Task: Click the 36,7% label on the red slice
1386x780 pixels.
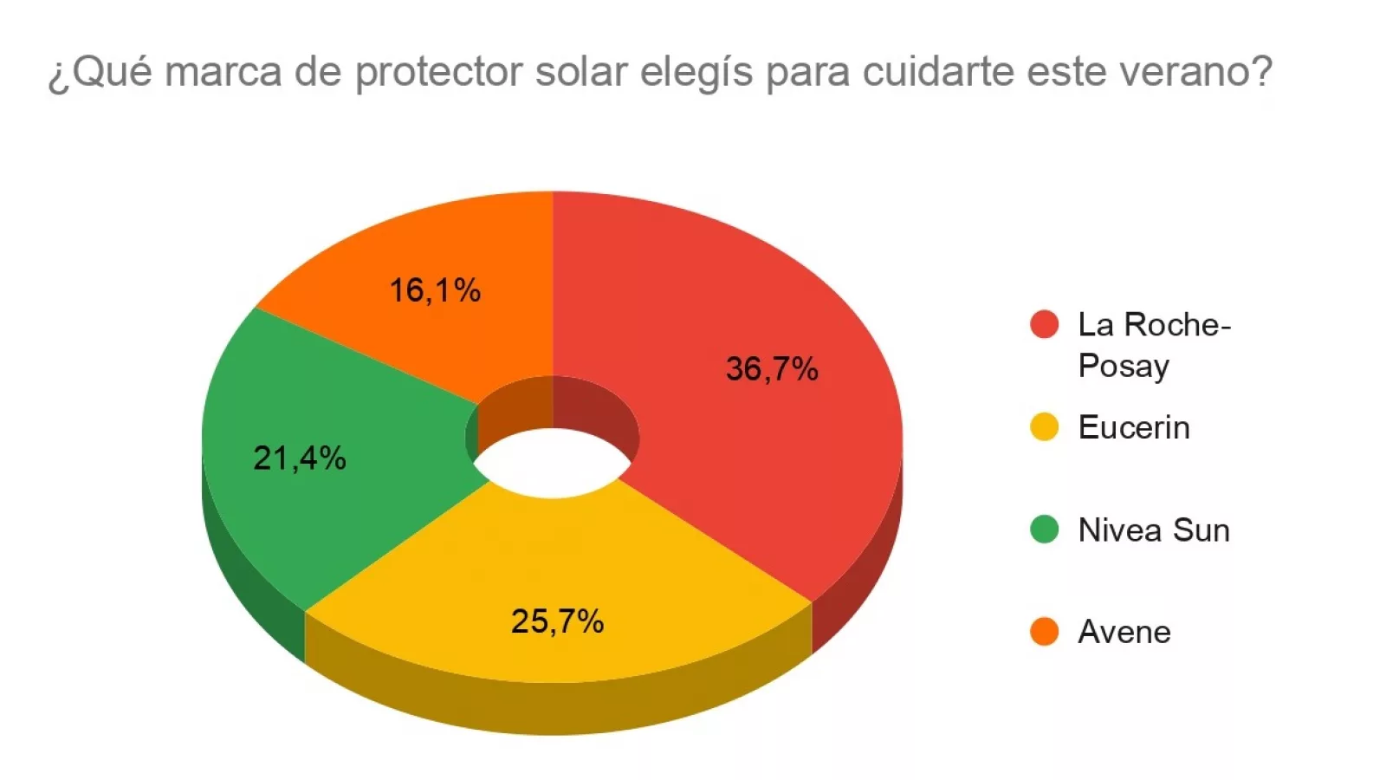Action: (x=772, y=369)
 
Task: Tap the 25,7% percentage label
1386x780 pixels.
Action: (x=557, y=621)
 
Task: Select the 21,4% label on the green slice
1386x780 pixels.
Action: (x=300, y=458)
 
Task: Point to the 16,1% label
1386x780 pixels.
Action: (x=435, y=290)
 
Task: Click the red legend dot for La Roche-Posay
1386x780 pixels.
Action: (x=1045, y=324)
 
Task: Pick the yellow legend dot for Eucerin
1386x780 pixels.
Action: (x=1045, y=426)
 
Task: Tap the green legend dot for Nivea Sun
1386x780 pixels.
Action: (x=1045, y=529)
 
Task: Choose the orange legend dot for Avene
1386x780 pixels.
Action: (x=1045, y=632)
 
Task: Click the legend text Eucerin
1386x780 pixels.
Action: (x=1134, y=427)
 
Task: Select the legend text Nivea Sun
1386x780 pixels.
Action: (x=1154, y=530)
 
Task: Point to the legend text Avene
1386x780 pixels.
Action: (x=1124, y=632)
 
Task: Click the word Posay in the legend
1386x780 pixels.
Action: (x=1124, y=366)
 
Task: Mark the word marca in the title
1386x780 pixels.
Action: (x=223, y=71)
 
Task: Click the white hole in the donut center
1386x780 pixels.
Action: (x=553, y=464)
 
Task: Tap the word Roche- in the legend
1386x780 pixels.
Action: (x=1178, y=324)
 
